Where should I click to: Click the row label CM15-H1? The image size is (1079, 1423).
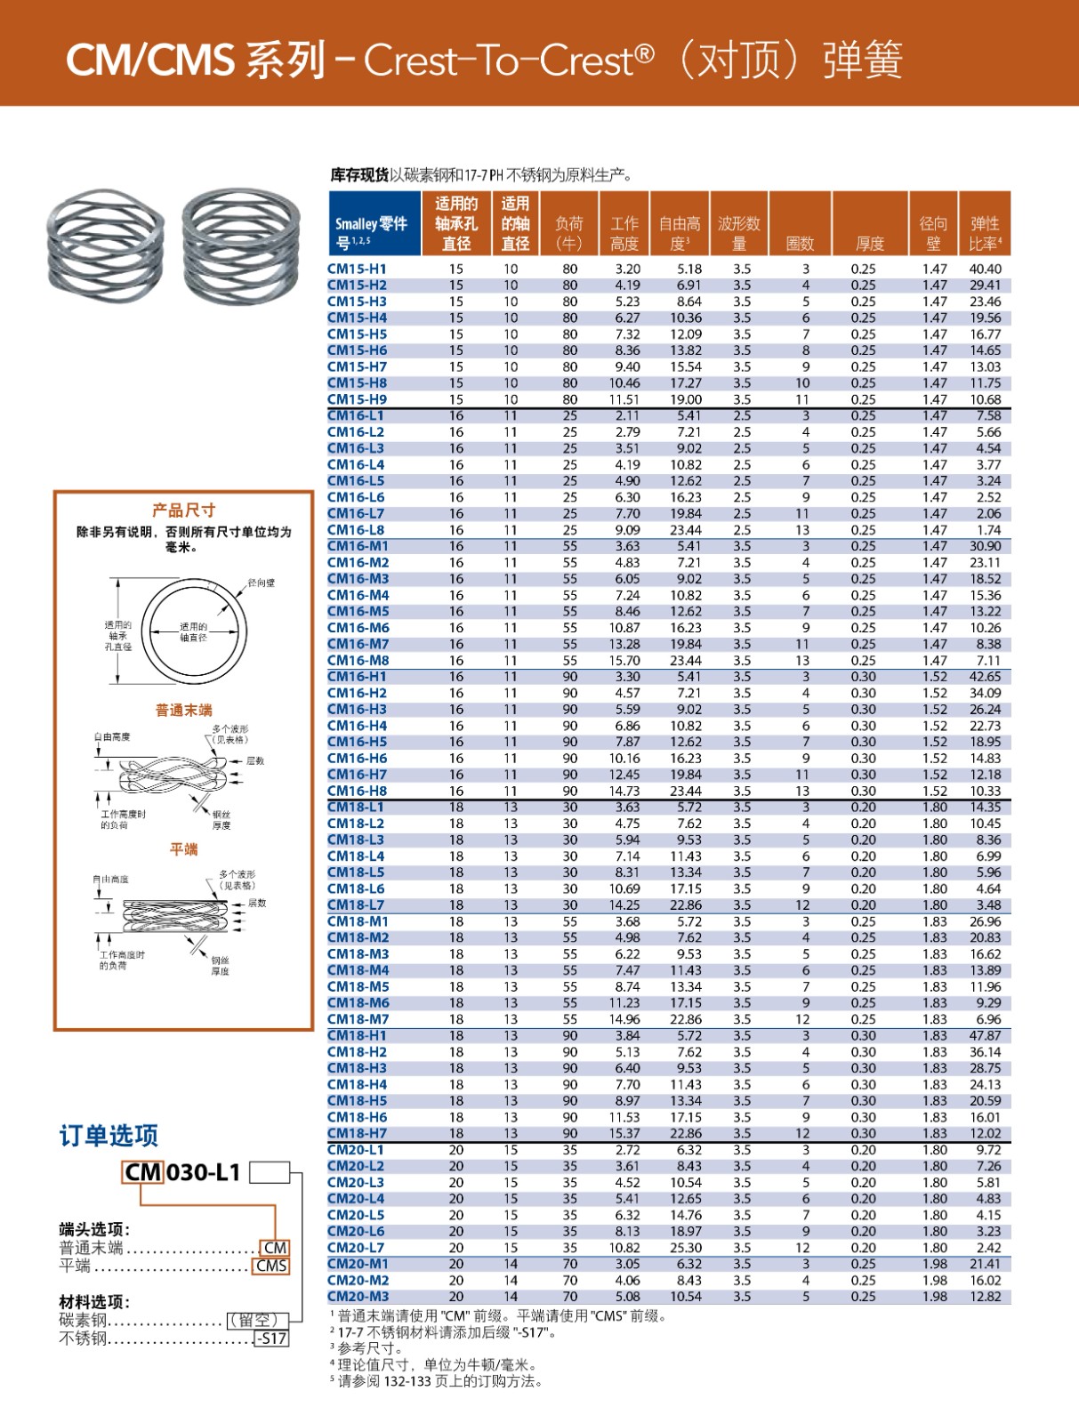tap(357, 269)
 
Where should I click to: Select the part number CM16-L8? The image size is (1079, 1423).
tap(356, 530)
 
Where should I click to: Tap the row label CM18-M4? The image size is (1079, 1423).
tap(358, 970)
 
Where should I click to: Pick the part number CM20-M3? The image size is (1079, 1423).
tap(358, 1297)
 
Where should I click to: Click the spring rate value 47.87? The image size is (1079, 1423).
tap(985, 1035)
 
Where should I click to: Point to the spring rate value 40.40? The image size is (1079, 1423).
tap(985, 269)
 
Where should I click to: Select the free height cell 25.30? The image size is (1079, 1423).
tap(686, 1248)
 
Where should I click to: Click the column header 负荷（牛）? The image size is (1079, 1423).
tap(569, 233)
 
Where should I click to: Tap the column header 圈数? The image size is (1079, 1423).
tap(800, 243)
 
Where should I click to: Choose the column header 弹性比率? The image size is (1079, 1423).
tap(985, 233)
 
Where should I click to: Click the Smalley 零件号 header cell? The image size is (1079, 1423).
tap(371, 233)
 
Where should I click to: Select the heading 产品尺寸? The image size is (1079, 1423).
tap(183, 511)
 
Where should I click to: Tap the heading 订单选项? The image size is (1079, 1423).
tap(109, 1136)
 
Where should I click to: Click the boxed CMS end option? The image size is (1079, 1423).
tap(271, 1266)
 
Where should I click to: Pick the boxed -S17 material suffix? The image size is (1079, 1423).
tap(271, 1339)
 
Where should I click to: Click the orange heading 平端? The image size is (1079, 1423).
tap(183, 849)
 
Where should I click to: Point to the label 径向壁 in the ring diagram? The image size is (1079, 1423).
tap(261, 583)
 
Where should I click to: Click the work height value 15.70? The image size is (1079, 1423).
tap(624, 661)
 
